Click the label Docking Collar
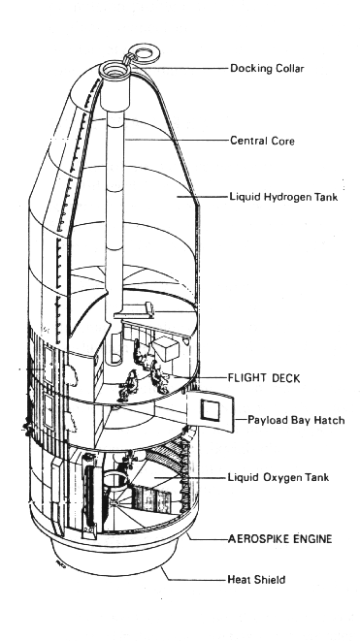point(267,68)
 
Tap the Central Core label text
point(262,141)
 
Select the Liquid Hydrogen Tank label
point(283,197)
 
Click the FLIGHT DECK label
point(264,378)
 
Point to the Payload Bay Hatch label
point(296,420)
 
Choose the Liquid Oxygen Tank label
point(278,477)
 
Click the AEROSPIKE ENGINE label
point(279,539)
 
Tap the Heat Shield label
point(256,579)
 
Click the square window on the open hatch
point(211,410)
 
